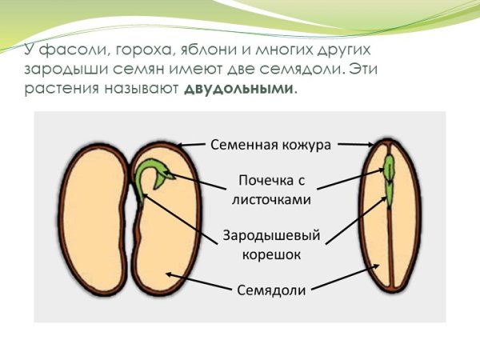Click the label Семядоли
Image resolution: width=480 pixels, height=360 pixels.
click(271, 290)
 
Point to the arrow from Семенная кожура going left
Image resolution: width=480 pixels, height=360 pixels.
click(193, 145)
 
